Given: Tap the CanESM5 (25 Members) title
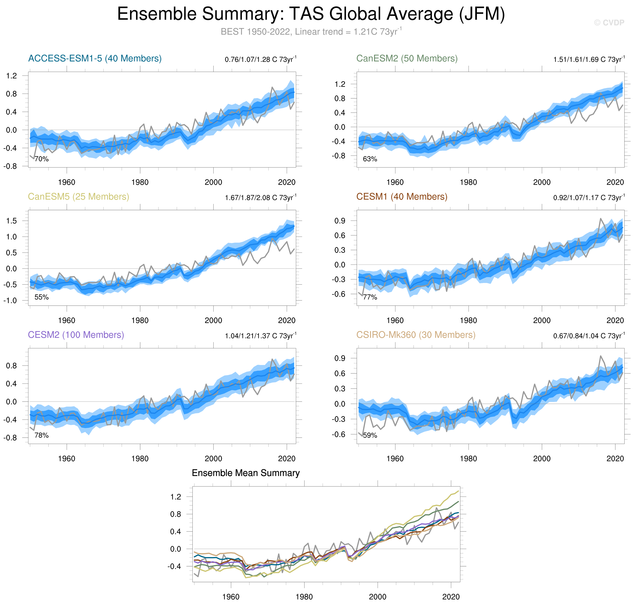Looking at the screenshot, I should click(78, 197).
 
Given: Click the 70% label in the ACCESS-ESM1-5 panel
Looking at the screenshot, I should click(42, 159).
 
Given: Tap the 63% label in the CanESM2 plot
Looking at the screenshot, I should click(370, 159).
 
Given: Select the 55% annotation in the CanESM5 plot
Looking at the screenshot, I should click(42, 297).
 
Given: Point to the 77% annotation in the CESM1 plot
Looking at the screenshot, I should click(370, 297).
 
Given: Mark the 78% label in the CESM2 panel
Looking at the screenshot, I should click(42, 435).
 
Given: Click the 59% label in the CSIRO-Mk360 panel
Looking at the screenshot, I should click(370, 435).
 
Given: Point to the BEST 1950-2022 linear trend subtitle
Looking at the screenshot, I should click(311, 32).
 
